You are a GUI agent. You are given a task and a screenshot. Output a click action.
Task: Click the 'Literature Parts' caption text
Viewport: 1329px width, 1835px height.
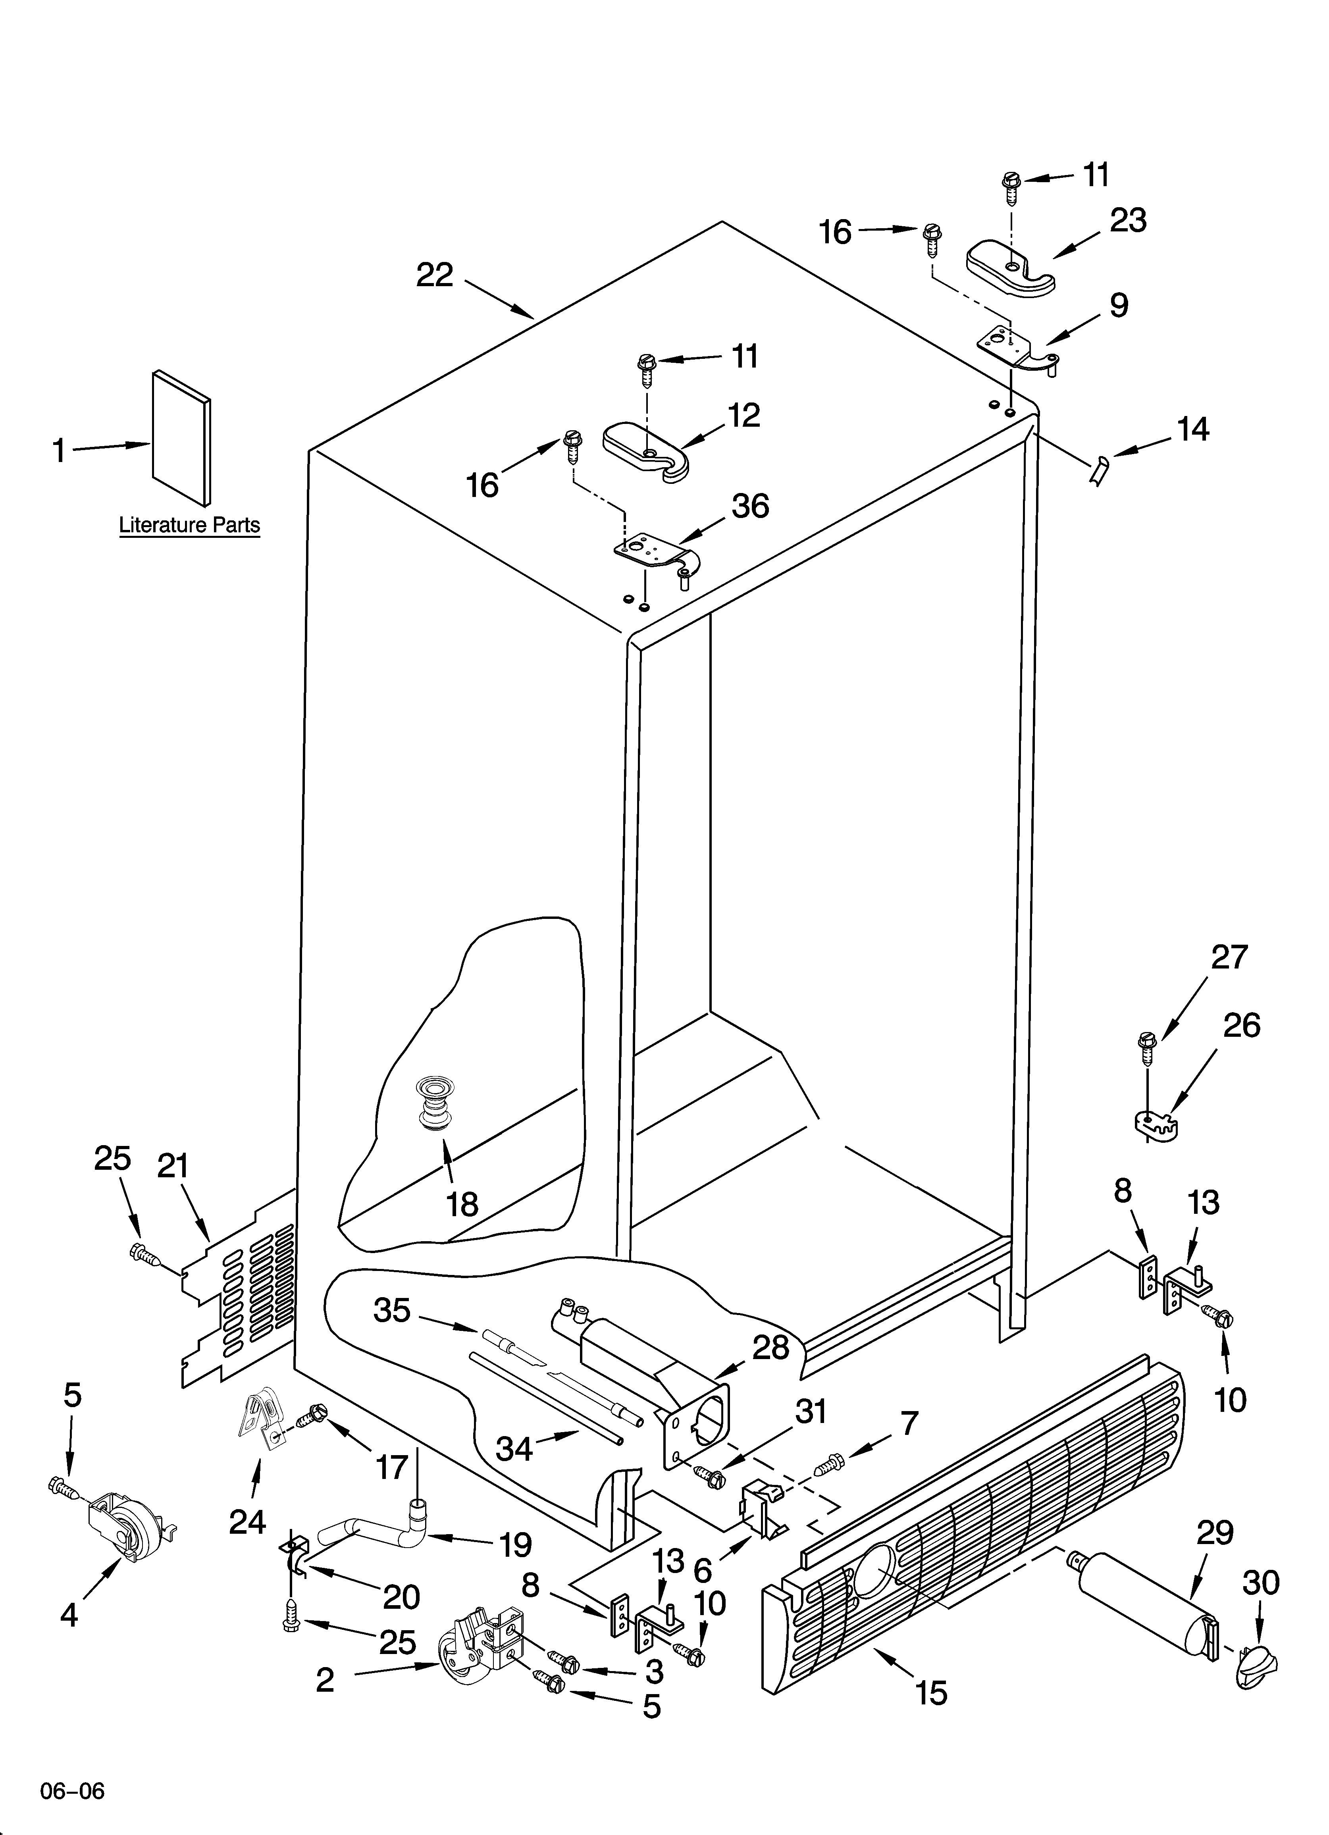[189, 525]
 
